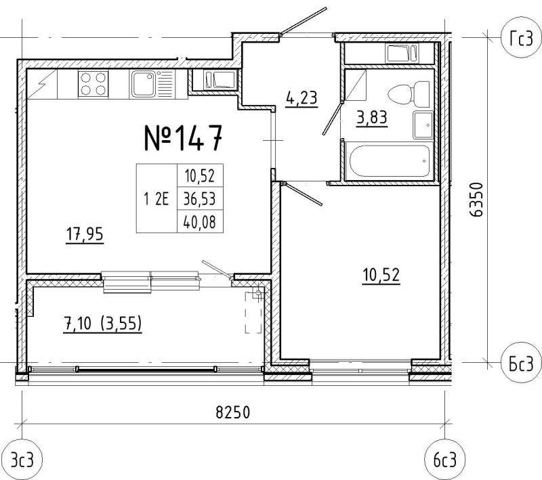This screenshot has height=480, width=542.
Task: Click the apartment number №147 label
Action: click(183, 138)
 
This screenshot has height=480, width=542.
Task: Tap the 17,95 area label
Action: click(85, 235)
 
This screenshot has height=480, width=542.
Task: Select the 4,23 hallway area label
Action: click(301, 98)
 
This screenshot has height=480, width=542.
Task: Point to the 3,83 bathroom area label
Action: click(372, 118)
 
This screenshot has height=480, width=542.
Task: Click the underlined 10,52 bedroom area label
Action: click(381, 276)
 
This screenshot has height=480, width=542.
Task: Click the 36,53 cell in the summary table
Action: click(200, 199)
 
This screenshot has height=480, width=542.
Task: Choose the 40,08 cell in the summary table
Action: click(200, 222)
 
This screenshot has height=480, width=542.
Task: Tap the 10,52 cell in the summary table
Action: click(200, 176)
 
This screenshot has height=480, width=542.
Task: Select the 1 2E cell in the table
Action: click(157, 199)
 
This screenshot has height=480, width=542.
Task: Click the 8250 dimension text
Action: click(232, 412)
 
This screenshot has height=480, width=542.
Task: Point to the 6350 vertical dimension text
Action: click(476, 199)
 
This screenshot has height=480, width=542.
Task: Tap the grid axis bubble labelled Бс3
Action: click(522, 364)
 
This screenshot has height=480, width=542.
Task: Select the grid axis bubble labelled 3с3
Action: click(22, 460)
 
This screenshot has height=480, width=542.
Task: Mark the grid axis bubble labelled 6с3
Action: click(445, 460)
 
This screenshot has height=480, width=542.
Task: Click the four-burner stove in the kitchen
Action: click(93, 84)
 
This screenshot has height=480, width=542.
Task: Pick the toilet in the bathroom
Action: click(409, 93)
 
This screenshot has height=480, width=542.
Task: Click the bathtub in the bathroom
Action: click(390, 161)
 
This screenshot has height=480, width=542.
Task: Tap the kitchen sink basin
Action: click(143, 84)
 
